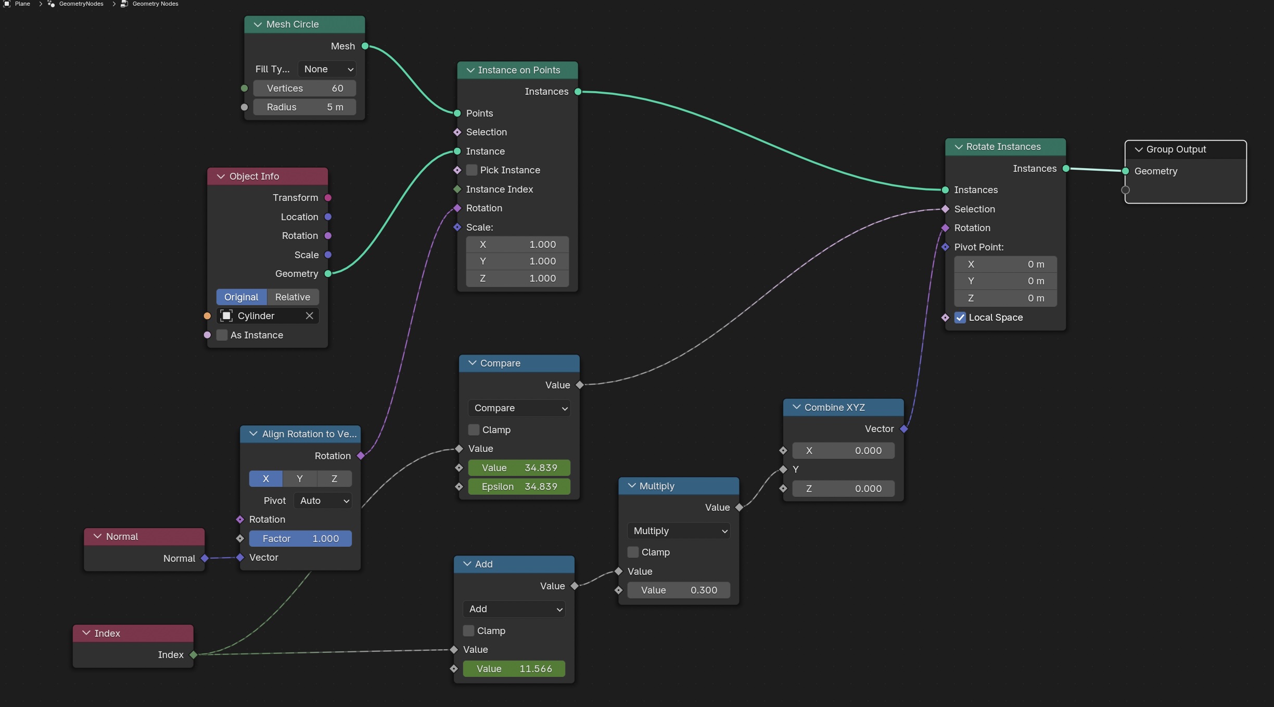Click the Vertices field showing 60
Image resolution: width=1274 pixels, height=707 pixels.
tap(304, 89)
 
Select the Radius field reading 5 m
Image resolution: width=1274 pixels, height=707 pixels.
tap(304, 107)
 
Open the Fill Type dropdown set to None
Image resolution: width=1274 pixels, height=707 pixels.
tap(327, 69)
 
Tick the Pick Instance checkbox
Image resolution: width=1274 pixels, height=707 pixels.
tap(472, 170)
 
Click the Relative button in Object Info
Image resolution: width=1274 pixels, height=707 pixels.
tap(292, 297)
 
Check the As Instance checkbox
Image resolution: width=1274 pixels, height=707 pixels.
tap(222, 335)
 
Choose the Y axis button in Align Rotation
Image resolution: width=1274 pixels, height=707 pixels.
tap(300, 479)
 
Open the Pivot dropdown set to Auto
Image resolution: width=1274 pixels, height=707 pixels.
tap(323, 501)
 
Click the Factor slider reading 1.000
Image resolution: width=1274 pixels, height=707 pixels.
tap(300, 539)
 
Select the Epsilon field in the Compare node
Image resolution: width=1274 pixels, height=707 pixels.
tap(519, 487)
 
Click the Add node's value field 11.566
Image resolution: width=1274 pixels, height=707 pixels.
tap(514, 669)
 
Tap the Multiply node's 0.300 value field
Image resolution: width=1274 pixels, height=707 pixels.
tap(679, 590)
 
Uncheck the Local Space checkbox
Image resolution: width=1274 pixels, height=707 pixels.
tap(960, 318)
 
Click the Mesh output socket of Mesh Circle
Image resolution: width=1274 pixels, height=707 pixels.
tap(365, 46)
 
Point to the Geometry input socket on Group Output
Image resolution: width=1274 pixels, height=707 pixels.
tap(1126, 171)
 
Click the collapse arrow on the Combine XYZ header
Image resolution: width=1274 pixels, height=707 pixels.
tap(796, 407)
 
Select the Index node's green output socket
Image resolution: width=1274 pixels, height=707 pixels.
tap(194, 655)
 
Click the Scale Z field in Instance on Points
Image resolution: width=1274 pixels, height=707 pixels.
tap(517, 279)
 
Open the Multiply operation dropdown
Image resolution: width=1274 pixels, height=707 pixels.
tap(679, 531)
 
